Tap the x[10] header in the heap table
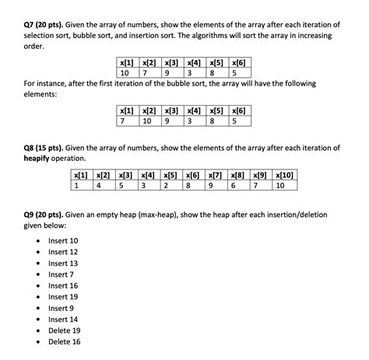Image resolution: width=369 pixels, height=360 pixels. [285, 175]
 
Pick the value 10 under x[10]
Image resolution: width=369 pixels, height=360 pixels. [280, 186]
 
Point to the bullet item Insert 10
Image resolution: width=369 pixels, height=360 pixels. [62, 241]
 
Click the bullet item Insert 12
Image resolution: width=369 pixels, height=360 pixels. [62, 252]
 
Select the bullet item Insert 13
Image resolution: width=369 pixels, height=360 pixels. [62, 263]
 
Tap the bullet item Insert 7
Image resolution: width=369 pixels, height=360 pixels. [61, 274]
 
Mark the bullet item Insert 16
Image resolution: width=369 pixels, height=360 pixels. [62, 285]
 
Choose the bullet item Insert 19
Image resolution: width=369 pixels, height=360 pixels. [62, 296]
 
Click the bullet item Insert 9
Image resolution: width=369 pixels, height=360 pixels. [61, 308]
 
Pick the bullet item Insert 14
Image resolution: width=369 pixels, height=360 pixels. [62, 319]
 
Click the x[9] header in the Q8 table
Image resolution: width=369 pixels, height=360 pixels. [261, 175]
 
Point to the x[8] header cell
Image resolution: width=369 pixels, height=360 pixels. [238, 175]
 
